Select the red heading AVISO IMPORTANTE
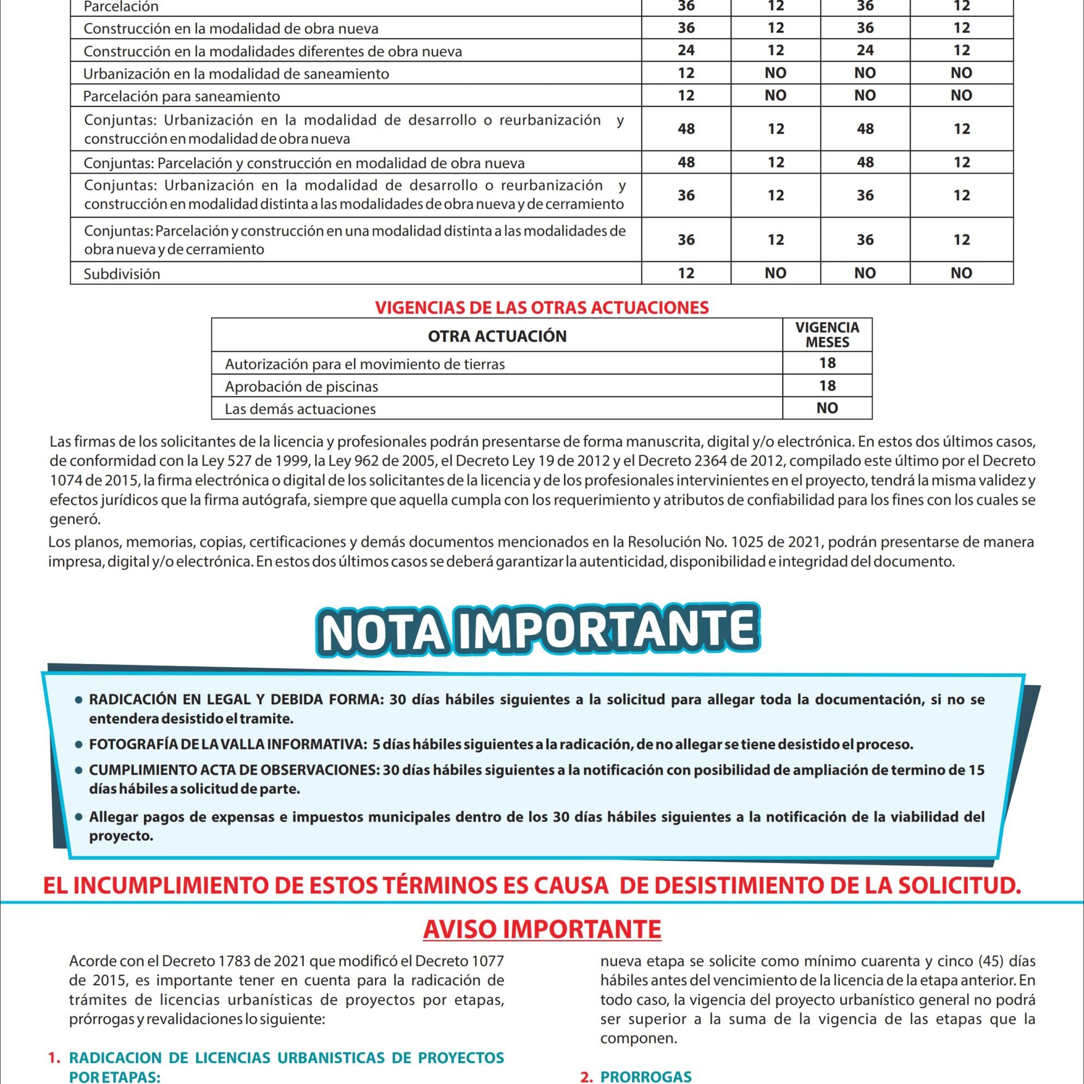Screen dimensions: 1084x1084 pyautogui.click(x=542, y=929)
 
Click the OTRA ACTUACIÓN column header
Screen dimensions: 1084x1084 pyautogui.click(x=497, y=336)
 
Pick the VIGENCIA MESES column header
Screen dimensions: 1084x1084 pyautogui.click(x=827, y=335)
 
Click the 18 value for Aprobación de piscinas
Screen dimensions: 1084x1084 pyautogui.click(x=827, y=386)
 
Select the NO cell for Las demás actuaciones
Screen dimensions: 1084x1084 pyautogui.click(x=827, y=409)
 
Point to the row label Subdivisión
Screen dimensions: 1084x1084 pyautogui.click(x=122, y=274)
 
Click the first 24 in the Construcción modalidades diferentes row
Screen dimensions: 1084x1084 pyautogui.click(x=686, y=51)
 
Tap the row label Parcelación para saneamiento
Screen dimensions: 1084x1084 pyautogui.click(x=181, y=96)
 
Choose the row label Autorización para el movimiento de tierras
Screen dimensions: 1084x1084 pyautogui.click(x=365, y=364)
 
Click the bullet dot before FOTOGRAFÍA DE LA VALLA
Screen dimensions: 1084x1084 pyautogui.click(x=79, y=746)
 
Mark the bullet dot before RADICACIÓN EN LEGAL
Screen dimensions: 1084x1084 pyautogui.click(x=79, y=701)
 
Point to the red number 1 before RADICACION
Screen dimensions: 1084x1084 pyautogui.click(x=54, y=1058)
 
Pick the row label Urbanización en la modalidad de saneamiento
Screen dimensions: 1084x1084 pyautogui.click(x=236, y=74)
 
